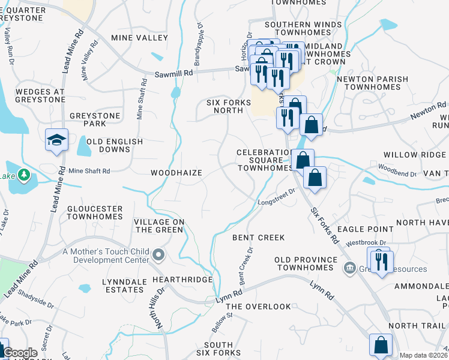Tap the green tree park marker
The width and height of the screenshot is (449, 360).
click(23, 175)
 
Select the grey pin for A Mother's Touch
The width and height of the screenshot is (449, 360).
click(158, 256)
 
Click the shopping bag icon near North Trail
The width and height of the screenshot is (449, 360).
click(380, 345)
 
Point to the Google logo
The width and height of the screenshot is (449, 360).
click(20, 353)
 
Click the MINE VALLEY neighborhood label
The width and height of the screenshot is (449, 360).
click(139, 38)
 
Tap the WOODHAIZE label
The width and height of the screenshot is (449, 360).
click(176, 172)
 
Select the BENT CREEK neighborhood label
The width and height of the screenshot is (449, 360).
click(258, 238)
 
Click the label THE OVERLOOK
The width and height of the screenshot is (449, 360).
click(258, 306)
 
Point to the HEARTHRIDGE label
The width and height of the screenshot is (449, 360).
click(182, 280)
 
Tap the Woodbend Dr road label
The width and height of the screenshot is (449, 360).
click(397, 174)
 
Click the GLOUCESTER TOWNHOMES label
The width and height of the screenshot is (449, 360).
click(95, 213)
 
